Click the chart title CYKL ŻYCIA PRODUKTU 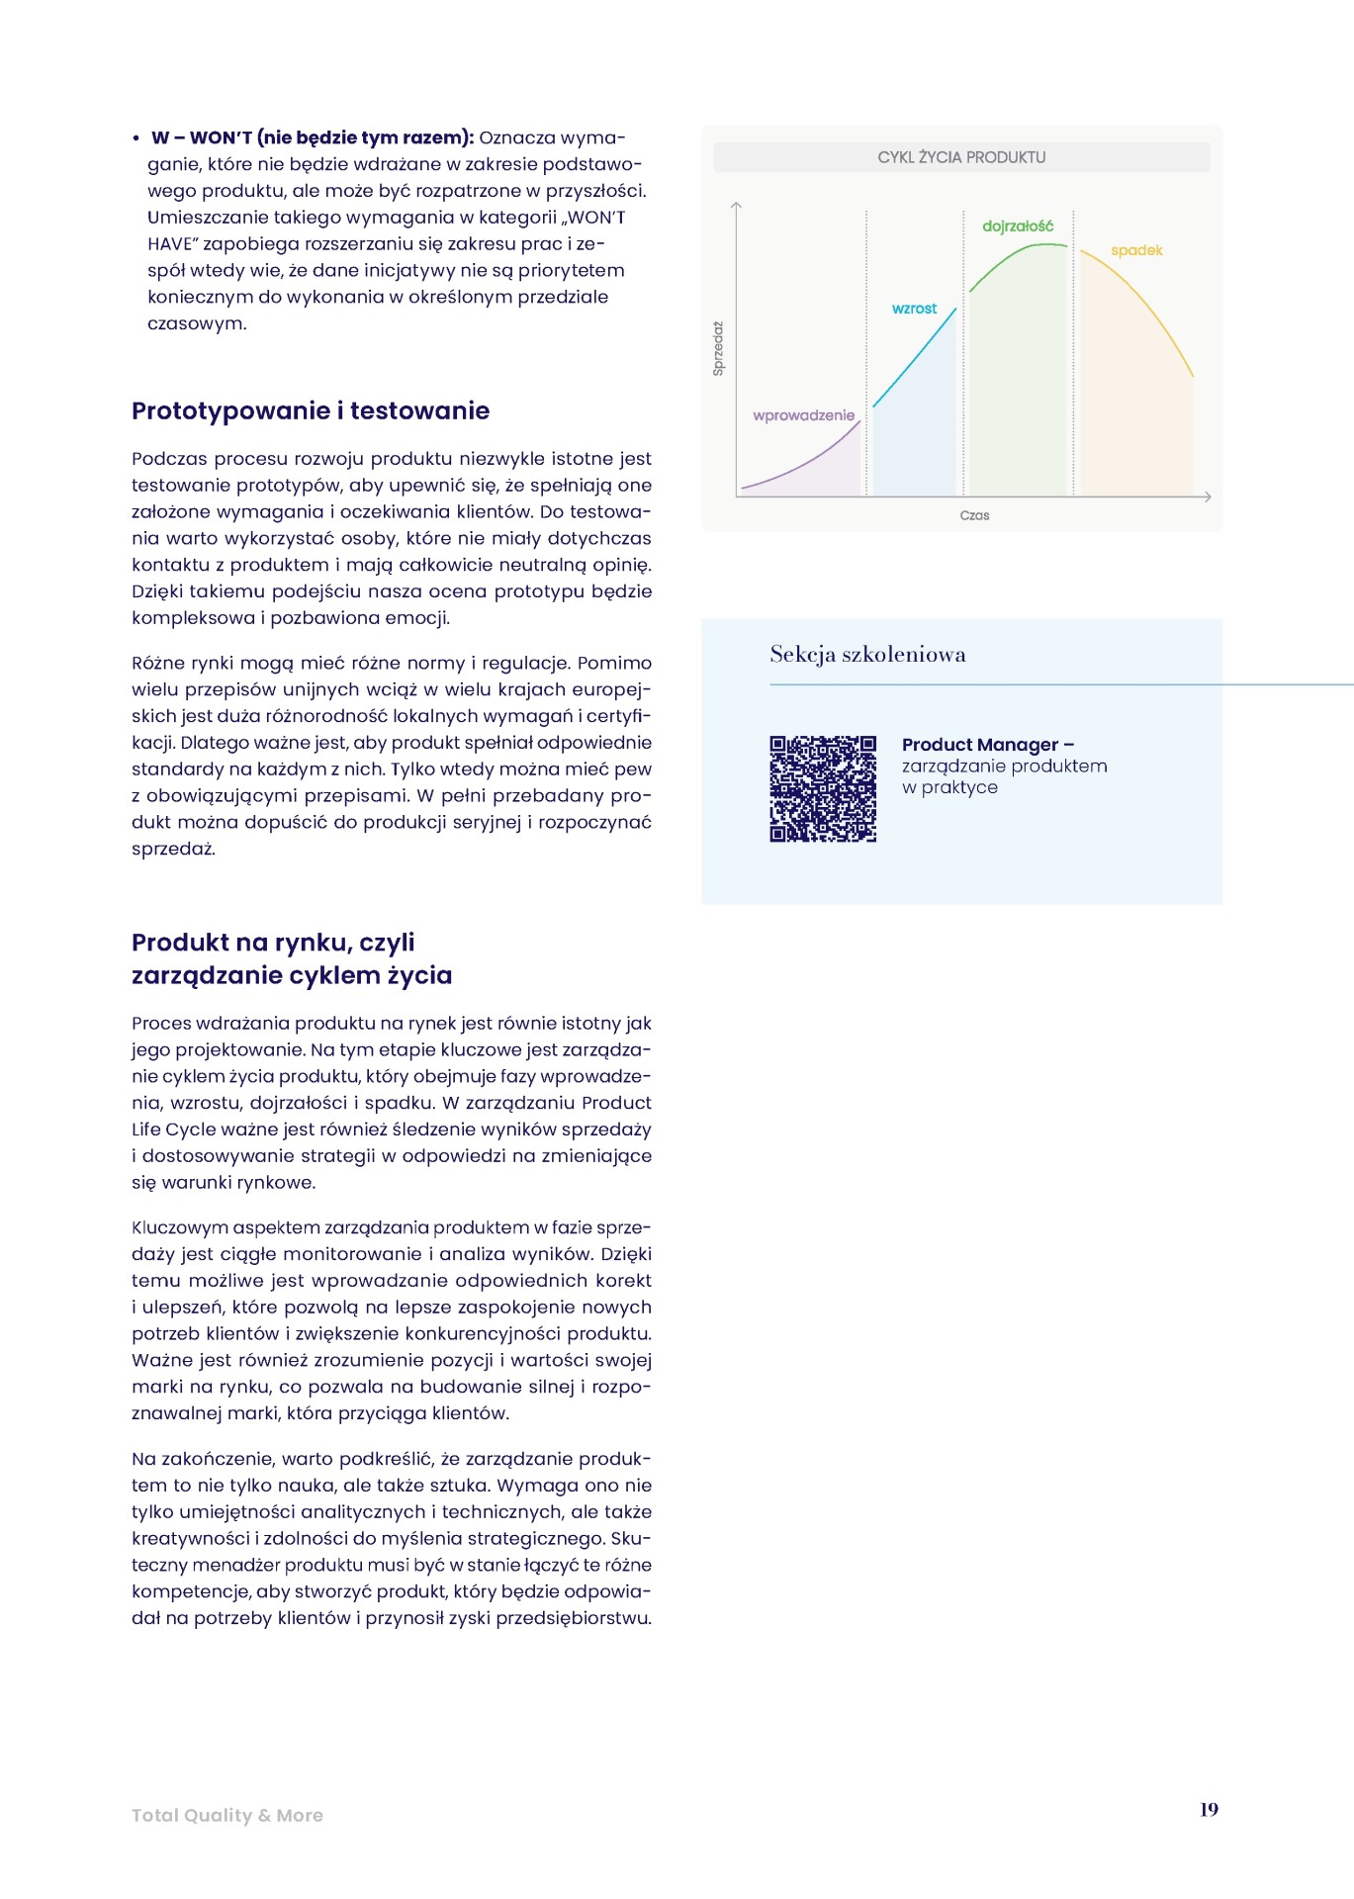point(961,157)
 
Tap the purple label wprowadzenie point(803,415)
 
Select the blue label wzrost point(914,309)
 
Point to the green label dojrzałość point(1018,226)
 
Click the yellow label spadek point(1136,250)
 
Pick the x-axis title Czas point(974,515)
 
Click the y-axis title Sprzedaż point(719,348)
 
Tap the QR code point(823,788)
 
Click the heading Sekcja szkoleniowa point(867,654)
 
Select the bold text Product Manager point(979,745)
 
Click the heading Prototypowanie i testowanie point(311,410)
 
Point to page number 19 point(1209,1809)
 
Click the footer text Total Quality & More point(227,1815)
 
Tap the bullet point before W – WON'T point(136,139)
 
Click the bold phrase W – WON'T point(202,138)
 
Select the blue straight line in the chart point(915,358)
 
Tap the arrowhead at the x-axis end point(1207,497)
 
